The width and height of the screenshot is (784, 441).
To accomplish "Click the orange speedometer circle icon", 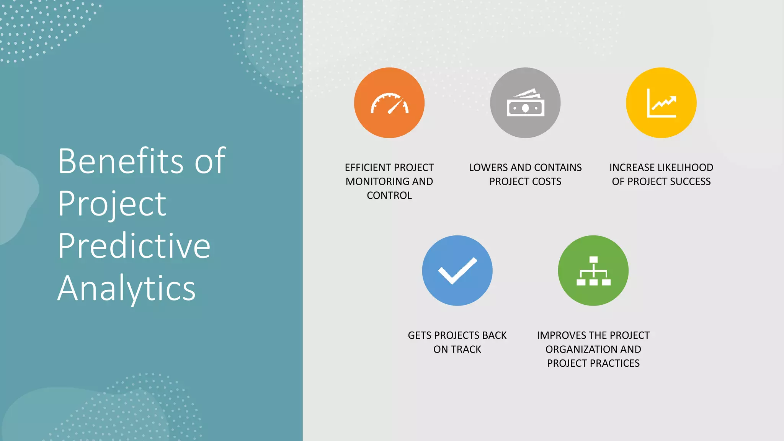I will click(389, 103).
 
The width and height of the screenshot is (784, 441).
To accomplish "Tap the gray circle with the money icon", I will click(525, 103).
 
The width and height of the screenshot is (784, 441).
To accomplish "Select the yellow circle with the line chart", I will click(661, 103).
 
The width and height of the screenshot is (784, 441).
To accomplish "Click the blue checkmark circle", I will click(457, 271).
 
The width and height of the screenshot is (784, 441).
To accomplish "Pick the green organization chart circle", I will click(593, 271).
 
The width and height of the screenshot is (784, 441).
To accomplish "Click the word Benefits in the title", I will click(121, 162).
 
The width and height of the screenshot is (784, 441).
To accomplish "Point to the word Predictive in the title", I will click(134, 246).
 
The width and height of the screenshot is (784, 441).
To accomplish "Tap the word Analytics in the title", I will click(126, 288).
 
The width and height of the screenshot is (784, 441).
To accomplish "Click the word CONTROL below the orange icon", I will click(389, 196).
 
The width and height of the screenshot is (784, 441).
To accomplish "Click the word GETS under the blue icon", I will click(420, 335).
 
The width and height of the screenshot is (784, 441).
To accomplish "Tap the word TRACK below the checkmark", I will click(467, 350).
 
